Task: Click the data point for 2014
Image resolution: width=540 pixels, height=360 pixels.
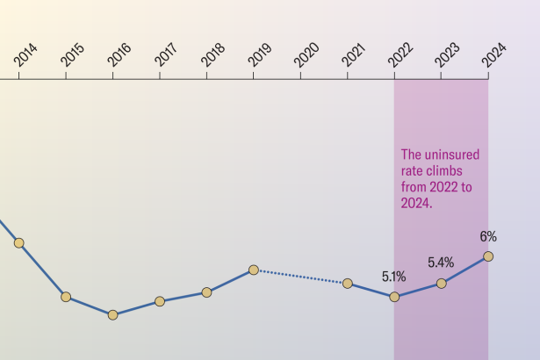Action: (x=19, y=242)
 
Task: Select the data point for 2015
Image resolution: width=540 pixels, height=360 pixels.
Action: (x=66, y=297)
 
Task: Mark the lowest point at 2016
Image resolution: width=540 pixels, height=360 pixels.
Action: (x=112, y=314)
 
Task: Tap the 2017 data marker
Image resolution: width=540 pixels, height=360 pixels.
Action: (x=160, y=301)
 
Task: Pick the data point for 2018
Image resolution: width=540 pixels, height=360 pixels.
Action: (x=206, y=292)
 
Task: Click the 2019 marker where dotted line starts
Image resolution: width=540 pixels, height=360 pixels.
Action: (x=254, y=270)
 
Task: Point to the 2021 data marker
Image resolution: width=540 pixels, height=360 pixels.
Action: (x=348, y=283)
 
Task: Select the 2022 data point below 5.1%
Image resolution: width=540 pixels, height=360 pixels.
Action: (x=394, y=297)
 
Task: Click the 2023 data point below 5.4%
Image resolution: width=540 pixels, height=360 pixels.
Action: (x=442, y=283)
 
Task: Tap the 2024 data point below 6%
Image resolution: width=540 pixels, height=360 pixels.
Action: (x=488, y=256)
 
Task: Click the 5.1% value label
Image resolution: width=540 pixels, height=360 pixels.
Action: (x=393, y=277)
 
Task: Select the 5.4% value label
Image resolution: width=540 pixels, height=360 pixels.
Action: (x=441, y=263)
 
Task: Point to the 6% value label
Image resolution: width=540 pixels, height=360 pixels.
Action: (x=488, y=236)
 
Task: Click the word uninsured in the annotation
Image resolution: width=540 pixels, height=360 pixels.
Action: (x=452, y=154)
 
